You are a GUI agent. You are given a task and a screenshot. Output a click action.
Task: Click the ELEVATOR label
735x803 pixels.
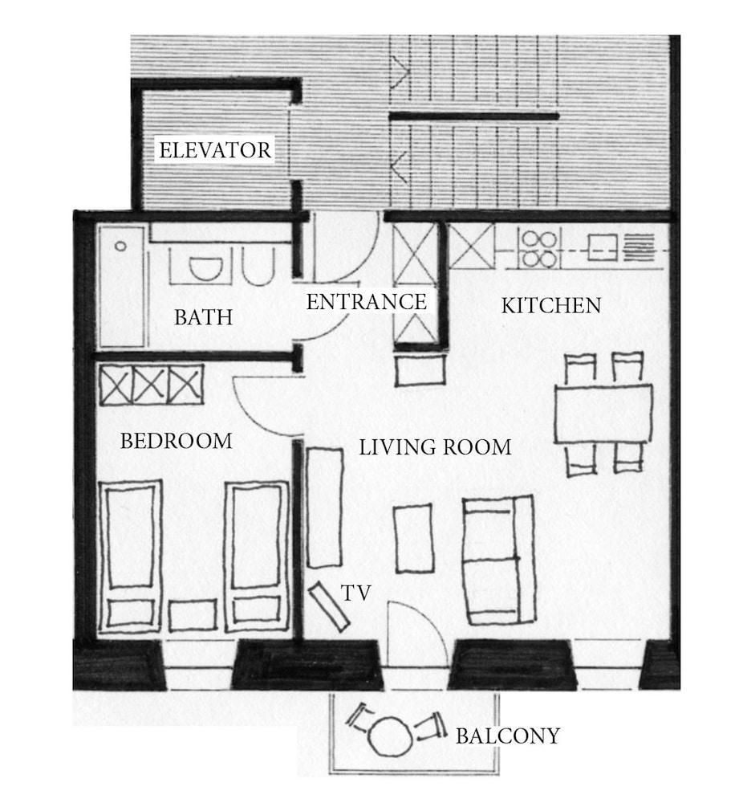[215, 151]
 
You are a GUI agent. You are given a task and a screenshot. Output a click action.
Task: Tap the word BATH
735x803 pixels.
[203, 317]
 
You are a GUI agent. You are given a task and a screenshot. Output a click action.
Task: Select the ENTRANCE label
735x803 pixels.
[367, 302]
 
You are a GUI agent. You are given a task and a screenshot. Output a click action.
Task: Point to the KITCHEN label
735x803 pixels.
[551, 306]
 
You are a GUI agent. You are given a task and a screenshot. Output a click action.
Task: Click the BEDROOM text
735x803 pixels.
[176, 441]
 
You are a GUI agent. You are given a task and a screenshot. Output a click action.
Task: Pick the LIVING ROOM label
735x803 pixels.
[435, 447]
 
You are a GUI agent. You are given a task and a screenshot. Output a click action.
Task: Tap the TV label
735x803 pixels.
[355, 593]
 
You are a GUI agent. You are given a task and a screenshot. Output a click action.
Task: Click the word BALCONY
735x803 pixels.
[508, 736]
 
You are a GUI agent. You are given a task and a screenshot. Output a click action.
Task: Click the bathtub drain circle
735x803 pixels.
[121, 247]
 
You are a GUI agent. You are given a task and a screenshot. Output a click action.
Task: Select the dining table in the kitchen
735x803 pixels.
[603, 414]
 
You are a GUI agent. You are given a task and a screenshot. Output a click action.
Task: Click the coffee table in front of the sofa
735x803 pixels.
[413, 538]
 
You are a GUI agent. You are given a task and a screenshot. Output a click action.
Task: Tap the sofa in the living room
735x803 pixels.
[499, 560]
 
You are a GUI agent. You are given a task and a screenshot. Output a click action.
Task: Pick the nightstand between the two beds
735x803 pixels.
[193, 616]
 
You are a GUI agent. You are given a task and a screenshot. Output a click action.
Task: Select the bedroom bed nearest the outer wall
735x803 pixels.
[131, 556]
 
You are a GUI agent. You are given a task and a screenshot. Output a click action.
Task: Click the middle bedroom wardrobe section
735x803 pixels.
[151, 385]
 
